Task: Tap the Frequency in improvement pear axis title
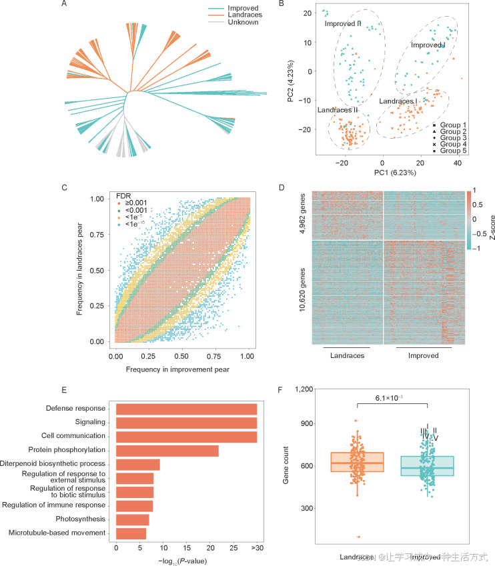click(183, 369)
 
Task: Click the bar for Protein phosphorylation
click(167, 451)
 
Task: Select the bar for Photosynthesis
click(132, 519)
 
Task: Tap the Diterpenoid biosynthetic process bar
click(137, 465)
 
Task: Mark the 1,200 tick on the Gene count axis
click(304, 389)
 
